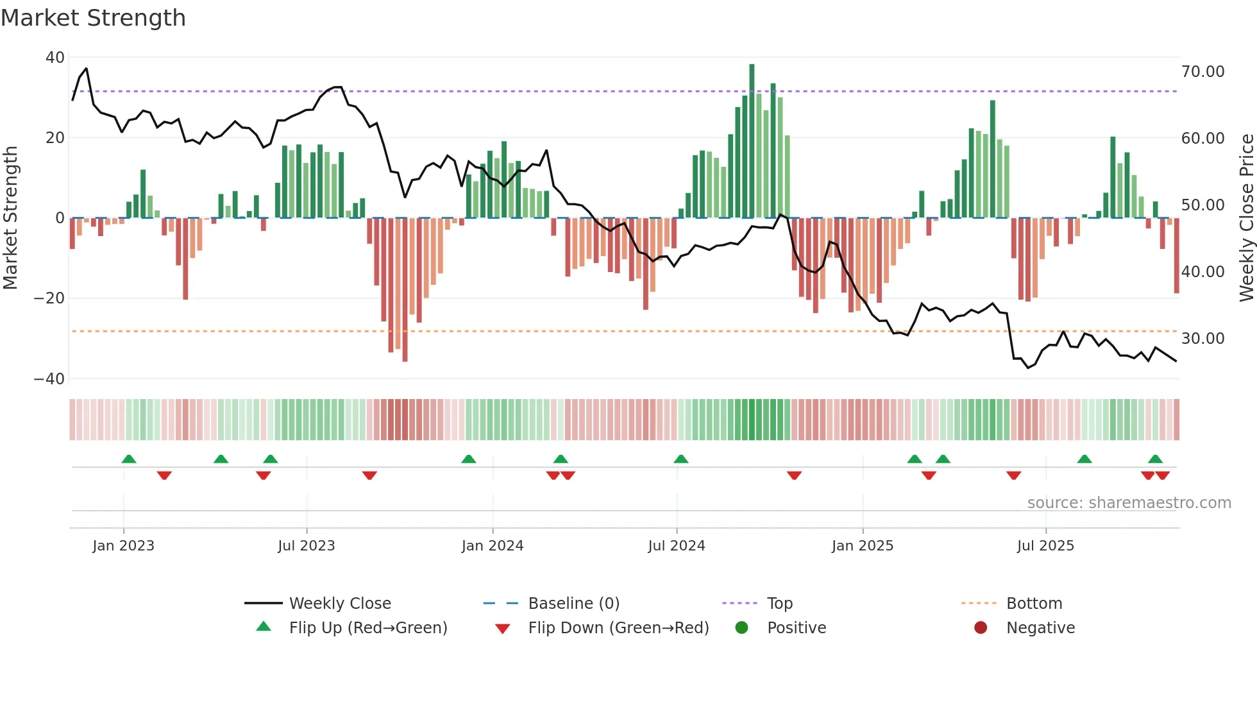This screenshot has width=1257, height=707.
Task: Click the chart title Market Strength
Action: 93,18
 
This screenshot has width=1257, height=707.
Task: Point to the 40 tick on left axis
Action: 55,58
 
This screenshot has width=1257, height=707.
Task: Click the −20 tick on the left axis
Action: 49,298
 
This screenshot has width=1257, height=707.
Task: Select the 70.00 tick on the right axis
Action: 1202,72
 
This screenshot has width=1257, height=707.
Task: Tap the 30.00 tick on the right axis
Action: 1202,339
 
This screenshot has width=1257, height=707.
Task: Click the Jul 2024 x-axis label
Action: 676,546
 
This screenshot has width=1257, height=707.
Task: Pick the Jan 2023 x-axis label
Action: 123,546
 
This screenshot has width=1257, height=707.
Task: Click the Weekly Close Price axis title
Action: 1246,218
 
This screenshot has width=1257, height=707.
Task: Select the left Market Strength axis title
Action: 10,218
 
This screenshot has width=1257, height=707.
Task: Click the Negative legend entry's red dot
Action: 981,628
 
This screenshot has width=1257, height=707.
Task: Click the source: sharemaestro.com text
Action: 1129,503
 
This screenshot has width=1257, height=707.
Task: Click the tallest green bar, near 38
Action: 752,141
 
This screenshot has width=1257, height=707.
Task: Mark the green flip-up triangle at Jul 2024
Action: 681,459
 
